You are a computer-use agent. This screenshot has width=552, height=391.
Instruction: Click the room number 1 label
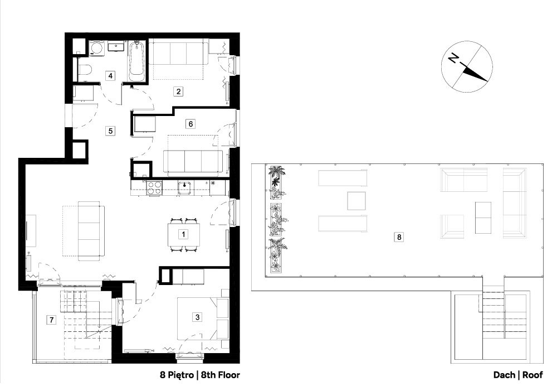183,234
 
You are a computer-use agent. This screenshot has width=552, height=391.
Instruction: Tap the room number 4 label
110,75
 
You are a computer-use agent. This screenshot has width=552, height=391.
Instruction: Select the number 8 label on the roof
399,237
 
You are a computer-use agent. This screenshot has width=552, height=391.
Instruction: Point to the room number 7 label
52,320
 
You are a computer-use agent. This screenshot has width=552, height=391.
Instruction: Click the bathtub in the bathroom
136,62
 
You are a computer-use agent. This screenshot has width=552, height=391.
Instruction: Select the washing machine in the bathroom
96,48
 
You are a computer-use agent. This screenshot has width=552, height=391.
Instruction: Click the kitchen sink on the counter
184,187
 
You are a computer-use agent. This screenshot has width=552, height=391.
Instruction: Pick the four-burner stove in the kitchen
154,187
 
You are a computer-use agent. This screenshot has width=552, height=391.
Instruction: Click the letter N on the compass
453,58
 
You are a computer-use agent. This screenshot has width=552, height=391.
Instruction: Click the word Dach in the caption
504,375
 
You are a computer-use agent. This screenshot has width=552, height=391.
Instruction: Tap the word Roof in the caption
533,375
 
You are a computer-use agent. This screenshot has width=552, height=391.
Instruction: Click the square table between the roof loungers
356,201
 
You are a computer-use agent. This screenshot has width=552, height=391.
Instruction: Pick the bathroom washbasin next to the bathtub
116,46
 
